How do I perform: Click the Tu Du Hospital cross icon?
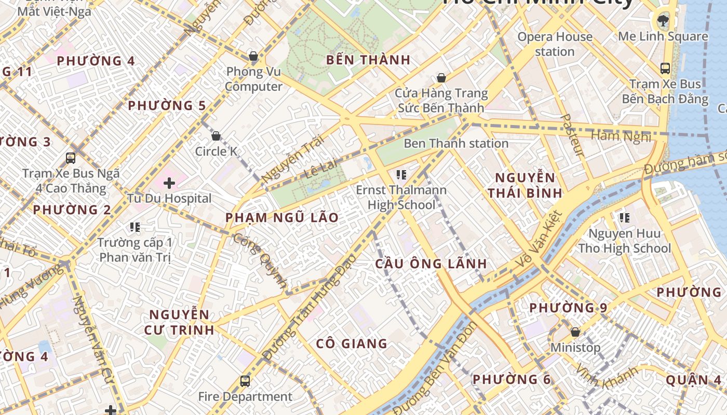pyautogui.click(x=169, y=183)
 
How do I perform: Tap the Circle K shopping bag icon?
pyautogui.click(x=216, y=136)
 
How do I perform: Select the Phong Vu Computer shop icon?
pyautogui.click(x=253, y=56)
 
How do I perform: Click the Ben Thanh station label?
pyautogui.click(x=456, y=143)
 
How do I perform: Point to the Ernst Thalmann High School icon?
pyautogui.click(x=401, y=175)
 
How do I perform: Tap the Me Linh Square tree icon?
pyautogui.click(x=662, y=21)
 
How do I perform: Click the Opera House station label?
pyautogui.click(x=555, y=44)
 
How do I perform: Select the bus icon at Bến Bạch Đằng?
pyautogui.click(x=665, y=68)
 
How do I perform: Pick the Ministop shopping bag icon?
pyautogui.click(x=575, y=331)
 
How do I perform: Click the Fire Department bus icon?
pyautogui.click(x=245, y=381)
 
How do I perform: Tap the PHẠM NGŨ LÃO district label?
pyautogui.click(x=282, y=218)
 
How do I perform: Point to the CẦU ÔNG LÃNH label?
pyautogui.click(x=431, y=264)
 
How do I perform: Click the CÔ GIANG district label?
pyautogui.click(x=352, y=343)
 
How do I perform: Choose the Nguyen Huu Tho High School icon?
pyautogui.click(x=624, y=218)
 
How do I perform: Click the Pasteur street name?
pyautogui.click(x=572, y=135)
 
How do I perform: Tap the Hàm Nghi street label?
pyautogui.click(x=621, y=136)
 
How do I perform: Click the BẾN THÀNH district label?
pyautogui.click(x=368, y=60)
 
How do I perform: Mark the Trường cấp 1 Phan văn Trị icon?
pyautogui.click(x=135, y=227)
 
